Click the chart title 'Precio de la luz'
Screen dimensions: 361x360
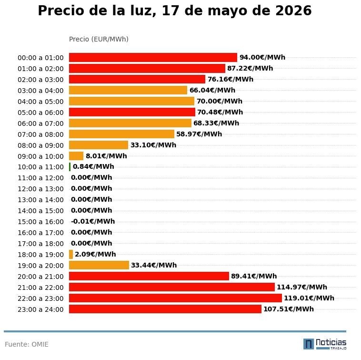pyautogui.click(x=97, y=11)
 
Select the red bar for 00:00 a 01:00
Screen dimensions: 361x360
pyautogui.click(x=153, y=57)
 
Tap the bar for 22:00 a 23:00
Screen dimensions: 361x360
pyautogui.click(x=175, y=298)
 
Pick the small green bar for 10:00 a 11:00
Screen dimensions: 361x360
pyautogui.click(x=70, y=167)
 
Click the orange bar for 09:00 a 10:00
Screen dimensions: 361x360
pyautogui.click(x=76, y=156)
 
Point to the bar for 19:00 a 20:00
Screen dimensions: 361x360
pyautogui.click(x=99, y=265)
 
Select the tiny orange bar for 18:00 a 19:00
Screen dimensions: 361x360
pyautogui.click(x=71, y=255)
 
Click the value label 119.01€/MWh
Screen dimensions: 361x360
pyautogui.click(x=309, y=298)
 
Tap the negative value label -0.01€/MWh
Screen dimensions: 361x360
pyautogui.click(x=93, y=221)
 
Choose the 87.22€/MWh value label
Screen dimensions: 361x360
pyautogui.click(x=250, y=68)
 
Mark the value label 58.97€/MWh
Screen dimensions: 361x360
pyautogui.click(x=199, y=134)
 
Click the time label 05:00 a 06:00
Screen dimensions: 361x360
pyautogui.click(x=40, y=113)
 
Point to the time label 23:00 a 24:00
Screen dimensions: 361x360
pyautogui.click(x=40, y=309)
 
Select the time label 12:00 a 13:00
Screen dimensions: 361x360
pyautogui.click(x=40, y=189)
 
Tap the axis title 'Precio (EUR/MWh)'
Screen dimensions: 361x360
pyautogui.click(x=99, y=39)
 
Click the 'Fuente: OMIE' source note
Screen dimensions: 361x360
pyautogui.click(x=27, y=344)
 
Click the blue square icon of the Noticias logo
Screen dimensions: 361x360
pyautogui.click(x=309, y=344)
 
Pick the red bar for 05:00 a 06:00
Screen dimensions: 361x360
pyautogui.click(x=132, y=112)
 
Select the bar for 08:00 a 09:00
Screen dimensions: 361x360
pyautogui.click(x=99, y=145)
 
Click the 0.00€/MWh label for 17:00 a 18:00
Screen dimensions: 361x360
pyautogui.click(x=91, y=243)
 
